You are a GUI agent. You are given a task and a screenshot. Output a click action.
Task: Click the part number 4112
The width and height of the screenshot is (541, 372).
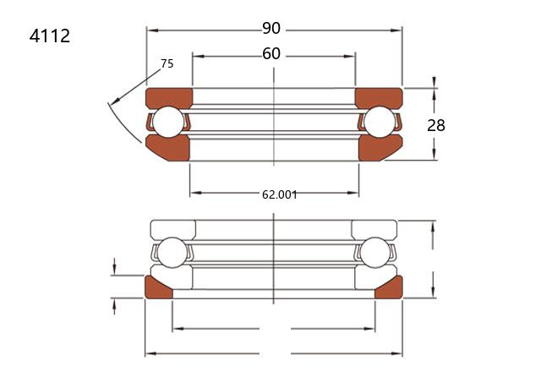(x=50, y=36)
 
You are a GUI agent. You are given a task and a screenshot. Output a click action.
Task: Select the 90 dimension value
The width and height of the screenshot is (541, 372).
(x=271, y=28)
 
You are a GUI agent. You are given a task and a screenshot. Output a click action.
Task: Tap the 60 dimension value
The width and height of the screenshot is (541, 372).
(x=271, y=54)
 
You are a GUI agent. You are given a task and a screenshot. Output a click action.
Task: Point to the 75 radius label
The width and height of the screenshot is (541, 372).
(x=167, y=64)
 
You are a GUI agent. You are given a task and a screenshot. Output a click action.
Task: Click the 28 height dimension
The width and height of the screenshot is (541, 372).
(x=436, y=125)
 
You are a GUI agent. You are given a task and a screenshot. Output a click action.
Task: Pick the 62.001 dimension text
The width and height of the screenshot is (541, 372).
(x=280, y=195)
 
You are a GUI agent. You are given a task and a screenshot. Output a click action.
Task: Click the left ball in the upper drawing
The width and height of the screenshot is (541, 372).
(x=168, y=122)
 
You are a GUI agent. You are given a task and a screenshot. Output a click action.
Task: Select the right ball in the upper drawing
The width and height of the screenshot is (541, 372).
(x=380, y=122)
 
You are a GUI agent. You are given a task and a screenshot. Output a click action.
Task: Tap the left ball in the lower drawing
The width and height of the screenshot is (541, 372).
(x=172, y=253)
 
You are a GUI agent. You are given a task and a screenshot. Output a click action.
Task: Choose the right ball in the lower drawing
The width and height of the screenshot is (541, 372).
(x=375, y=253)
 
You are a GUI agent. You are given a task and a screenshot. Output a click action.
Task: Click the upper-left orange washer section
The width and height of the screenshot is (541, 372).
(x=169, y=97)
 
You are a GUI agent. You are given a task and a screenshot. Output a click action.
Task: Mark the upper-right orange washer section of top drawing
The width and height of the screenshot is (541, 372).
(x=379, y=97)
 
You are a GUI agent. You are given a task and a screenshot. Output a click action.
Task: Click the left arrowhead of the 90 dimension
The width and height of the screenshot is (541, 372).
(x=152, y=30)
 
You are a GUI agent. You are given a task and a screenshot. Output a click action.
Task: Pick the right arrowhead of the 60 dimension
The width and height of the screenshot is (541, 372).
(x=349, y=57)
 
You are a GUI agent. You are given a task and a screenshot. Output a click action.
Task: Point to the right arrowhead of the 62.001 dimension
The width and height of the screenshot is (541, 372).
(x=353, y=193)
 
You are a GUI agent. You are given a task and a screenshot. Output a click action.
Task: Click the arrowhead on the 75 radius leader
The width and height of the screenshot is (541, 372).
(x=115, y=101)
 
